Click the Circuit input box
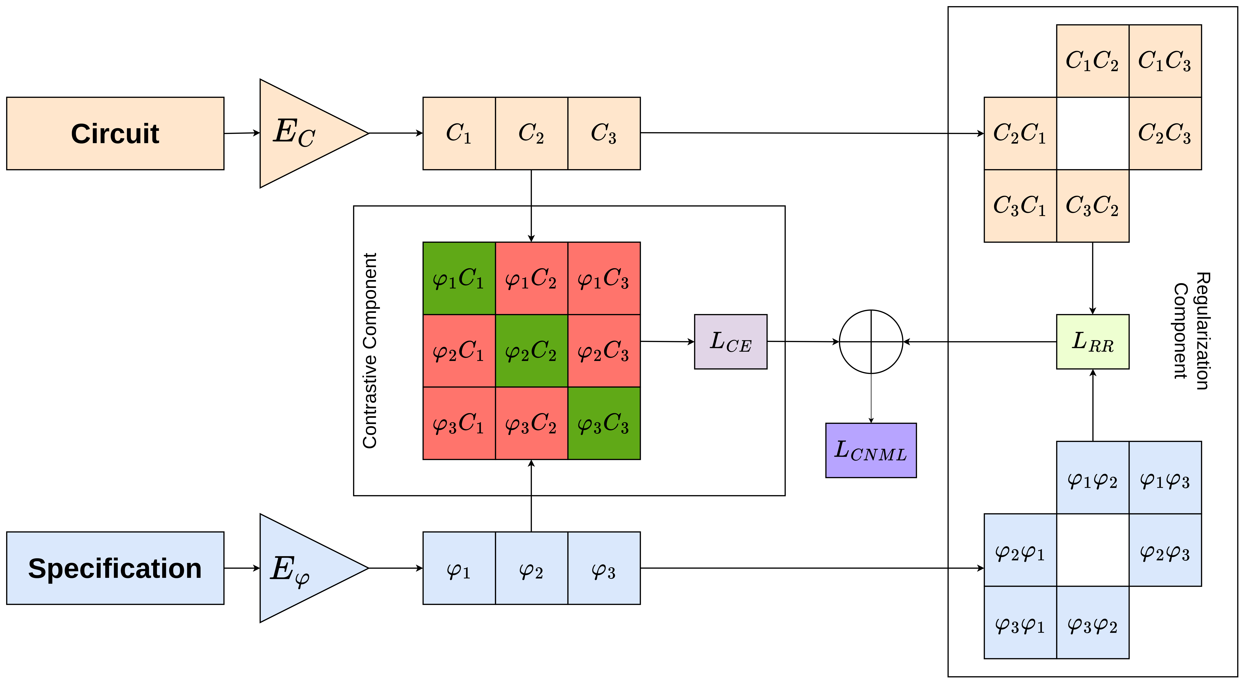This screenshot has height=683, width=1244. [x=115, y=133]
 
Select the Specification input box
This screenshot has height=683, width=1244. [x=115, y=568]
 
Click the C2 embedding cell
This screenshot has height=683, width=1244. [x=531, y=133]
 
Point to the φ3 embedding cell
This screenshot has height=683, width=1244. [x=604, y=568]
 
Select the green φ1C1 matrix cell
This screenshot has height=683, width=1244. [x=459, y=278]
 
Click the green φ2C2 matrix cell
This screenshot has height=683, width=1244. [x=531, y=351]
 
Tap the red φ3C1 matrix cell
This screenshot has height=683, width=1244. [x=459, y=423]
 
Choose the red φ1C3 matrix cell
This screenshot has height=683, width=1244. [x=604, y=278]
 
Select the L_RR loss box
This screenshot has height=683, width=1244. [x=1092, y=341]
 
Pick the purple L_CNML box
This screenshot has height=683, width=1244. [x=871, y=450]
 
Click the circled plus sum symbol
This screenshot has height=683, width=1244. [x=871, y=341]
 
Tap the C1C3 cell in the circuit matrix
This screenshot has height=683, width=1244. [x=1165, y=61]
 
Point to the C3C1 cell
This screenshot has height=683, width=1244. [x=1020, y=206]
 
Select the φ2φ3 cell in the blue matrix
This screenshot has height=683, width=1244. [x=1165, y=550]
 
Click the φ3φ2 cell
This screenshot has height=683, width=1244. [x=1092, y=623]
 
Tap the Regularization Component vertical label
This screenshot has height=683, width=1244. [x=1192, y=331]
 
